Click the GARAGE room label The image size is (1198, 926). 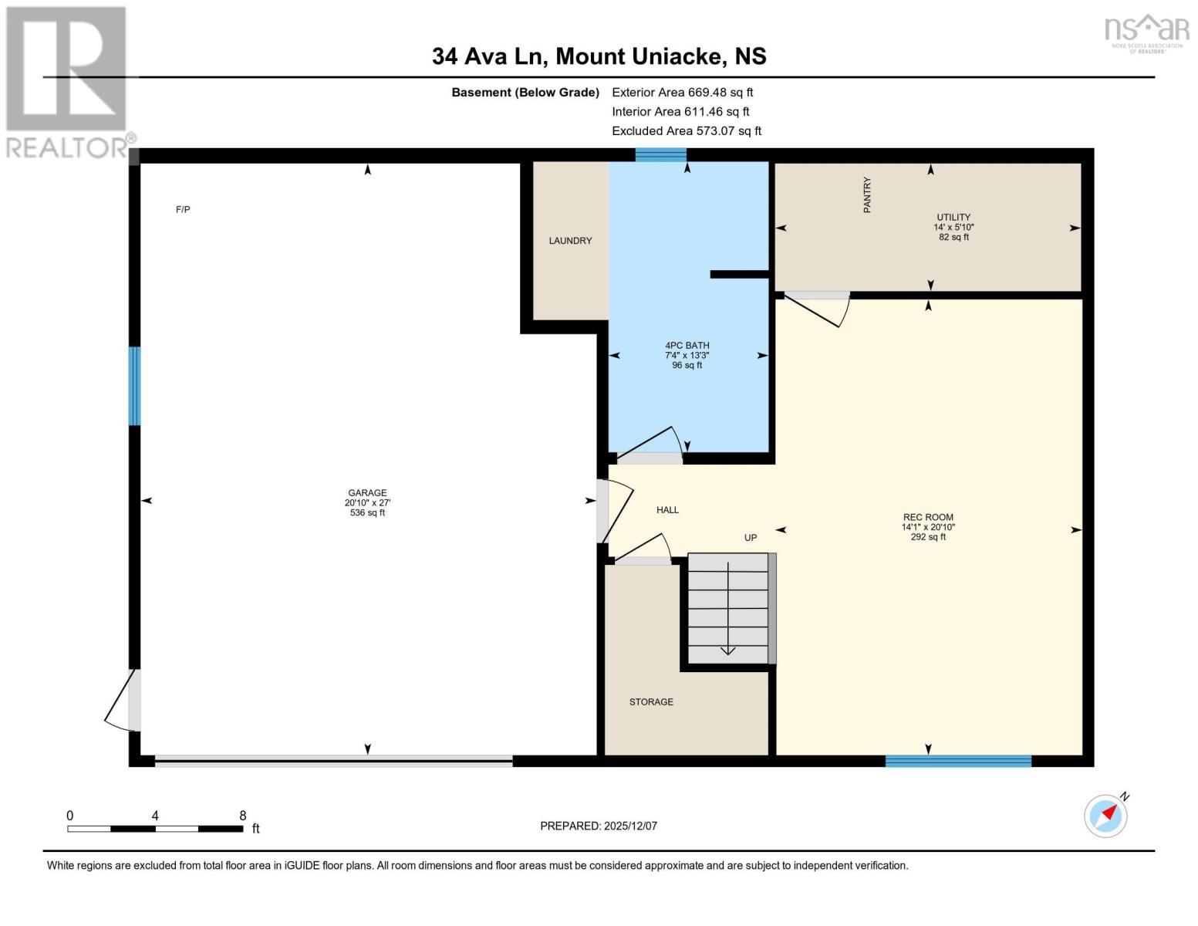click(x=367, y=492)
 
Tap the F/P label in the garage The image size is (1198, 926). click(x=183, y=210)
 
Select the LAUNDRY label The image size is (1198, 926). click(x=570, y=241)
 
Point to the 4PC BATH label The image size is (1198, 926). click(x=687, y=345)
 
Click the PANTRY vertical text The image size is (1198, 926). click(x=867, y=194)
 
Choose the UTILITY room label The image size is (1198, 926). click(x=953, y=218)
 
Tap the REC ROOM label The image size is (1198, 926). click(x=928, y=517)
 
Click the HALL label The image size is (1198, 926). click(x=667, y=510)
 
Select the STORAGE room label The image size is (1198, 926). click(x=651, y=702)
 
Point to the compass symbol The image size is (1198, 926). click(x=1106, y=816)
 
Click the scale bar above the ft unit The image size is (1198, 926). click(x=155, y=828)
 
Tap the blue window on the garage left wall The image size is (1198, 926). click(x=134, y=386)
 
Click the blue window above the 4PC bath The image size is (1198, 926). click(x=660, y=155)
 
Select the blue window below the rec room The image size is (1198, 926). click(x=958, y=761)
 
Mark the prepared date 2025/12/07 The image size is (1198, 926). click(x=630, y=826)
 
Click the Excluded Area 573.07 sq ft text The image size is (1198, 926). click(x=687, y=130)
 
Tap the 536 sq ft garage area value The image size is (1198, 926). click(x=367, y=512)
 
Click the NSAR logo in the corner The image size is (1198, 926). click(x=1147, y=34)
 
